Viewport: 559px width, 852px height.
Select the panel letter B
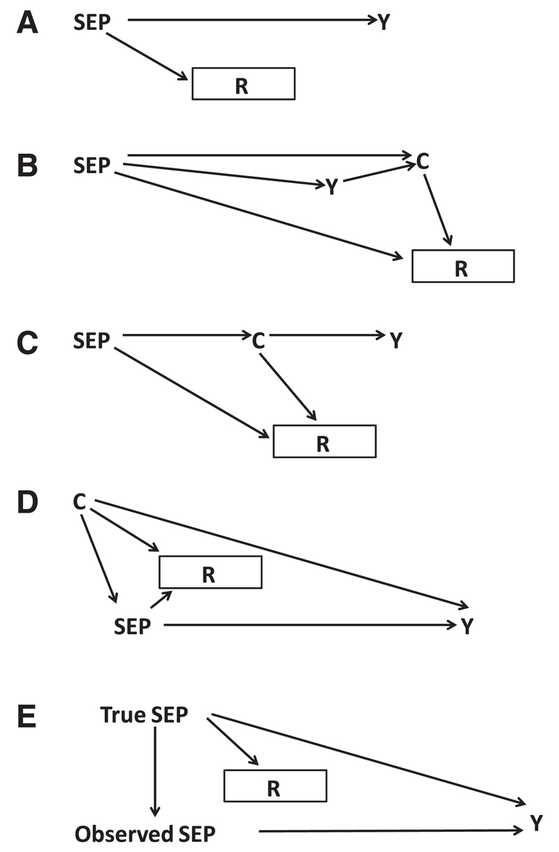(x=27, y=167)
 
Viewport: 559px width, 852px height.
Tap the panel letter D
(x=27, y=503)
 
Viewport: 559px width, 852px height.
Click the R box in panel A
(x=243, y=84)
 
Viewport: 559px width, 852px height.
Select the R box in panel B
(x=463, y=266)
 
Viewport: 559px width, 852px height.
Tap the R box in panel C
(x=324, y=441)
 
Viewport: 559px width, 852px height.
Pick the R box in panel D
(x=210, y=572)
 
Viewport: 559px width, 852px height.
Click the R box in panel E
(x=275, y=786)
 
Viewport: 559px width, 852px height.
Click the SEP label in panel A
(x=92, y=22)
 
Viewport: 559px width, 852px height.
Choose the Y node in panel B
(x=332, y=186)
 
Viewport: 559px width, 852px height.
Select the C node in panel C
(x=259, y=341)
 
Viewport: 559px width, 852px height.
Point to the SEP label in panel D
(x=132, y=626)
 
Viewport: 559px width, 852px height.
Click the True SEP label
(x=144, y=714)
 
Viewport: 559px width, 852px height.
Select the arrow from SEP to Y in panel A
(x=252, y=21)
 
